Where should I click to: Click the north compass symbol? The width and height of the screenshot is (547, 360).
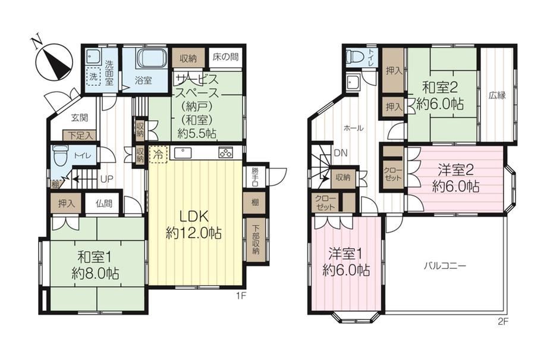(55, 62)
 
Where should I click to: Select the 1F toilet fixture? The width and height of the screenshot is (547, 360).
(59, 156)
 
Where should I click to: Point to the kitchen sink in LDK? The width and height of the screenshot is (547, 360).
(182, 153)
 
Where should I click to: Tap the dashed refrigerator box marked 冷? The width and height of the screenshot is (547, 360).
(158, 154)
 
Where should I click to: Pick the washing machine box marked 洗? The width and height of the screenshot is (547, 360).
(93, 77)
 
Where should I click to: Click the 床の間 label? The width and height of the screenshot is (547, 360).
(226, 57)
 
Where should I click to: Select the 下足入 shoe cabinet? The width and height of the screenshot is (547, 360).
(80, 135)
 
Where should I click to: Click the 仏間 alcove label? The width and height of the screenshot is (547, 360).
(104, 204)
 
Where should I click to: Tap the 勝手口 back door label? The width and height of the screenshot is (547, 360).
(255, 177)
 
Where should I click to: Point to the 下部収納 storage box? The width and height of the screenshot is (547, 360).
(256, 239)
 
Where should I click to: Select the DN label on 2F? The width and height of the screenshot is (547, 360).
(340, 153)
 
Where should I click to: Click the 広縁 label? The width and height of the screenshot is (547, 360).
(497, 95)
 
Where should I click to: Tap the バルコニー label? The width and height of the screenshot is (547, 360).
(445, 267)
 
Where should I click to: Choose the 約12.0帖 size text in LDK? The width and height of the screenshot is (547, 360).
(194, 233)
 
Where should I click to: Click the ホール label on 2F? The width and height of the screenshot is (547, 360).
(354, 128)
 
